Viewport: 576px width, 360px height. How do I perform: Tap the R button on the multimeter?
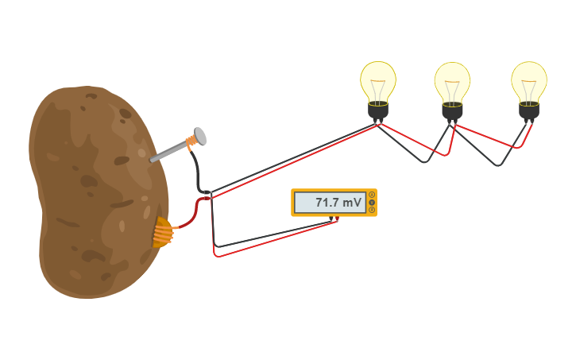click(372, 210)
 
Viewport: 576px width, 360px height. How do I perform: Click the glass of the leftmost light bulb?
click(378, 79)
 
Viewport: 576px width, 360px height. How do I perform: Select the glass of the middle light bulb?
click(452, 80)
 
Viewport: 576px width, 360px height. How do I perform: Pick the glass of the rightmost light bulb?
click(529, 79)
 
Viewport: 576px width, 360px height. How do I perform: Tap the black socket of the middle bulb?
click(452, 110)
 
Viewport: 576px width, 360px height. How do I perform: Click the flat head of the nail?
click(200, 136)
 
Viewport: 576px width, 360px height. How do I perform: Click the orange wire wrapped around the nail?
click(190, 143)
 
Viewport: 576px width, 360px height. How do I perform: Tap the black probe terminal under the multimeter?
click(331, 219)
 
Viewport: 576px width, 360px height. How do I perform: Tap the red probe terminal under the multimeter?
click(337, 219)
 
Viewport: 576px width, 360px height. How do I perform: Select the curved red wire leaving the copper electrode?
click(191, 219)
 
